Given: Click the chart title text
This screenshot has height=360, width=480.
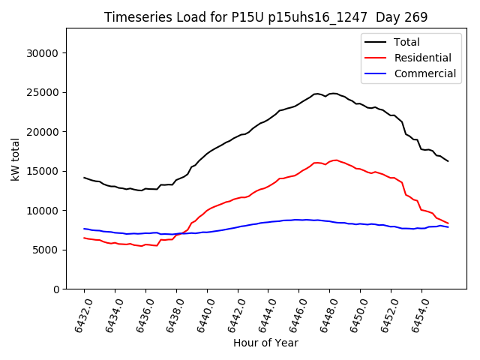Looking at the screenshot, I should (x=265, y=17).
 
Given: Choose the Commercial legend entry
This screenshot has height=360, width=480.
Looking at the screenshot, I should (x=424, y=73).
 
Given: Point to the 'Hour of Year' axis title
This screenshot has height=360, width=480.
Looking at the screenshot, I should (x=265, y=343).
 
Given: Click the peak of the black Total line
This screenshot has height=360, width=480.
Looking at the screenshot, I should (x=332, y=94).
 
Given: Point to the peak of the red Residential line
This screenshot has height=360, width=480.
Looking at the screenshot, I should (x=335, y=160).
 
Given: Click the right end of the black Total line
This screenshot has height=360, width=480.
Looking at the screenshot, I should (x=448, y=161).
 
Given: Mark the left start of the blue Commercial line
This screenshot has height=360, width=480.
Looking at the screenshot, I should (x=84, y=229).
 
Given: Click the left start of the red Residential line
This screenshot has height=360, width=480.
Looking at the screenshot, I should (x=84, y=238).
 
